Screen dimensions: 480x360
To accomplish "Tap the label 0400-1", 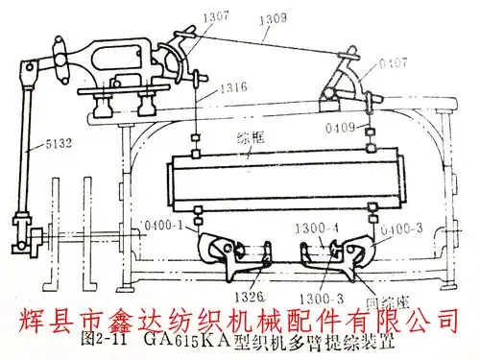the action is point(163,224).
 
